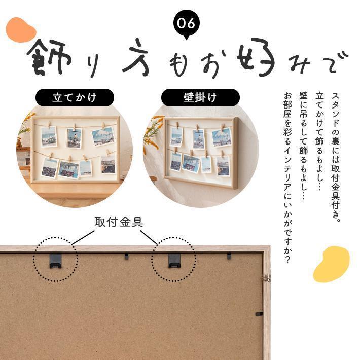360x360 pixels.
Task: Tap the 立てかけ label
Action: (74, 97)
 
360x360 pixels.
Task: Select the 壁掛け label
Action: (200, 97)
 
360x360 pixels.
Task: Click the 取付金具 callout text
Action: (119, 222)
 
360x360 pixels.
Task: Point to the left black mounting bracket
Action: (55, 261)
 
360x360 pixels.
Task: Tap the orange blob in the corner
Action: (20, 30)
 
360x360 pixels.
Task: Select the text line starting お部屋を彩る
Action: (287, 177)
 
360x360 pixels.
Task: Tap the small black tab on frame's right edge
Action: (259, 314)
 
